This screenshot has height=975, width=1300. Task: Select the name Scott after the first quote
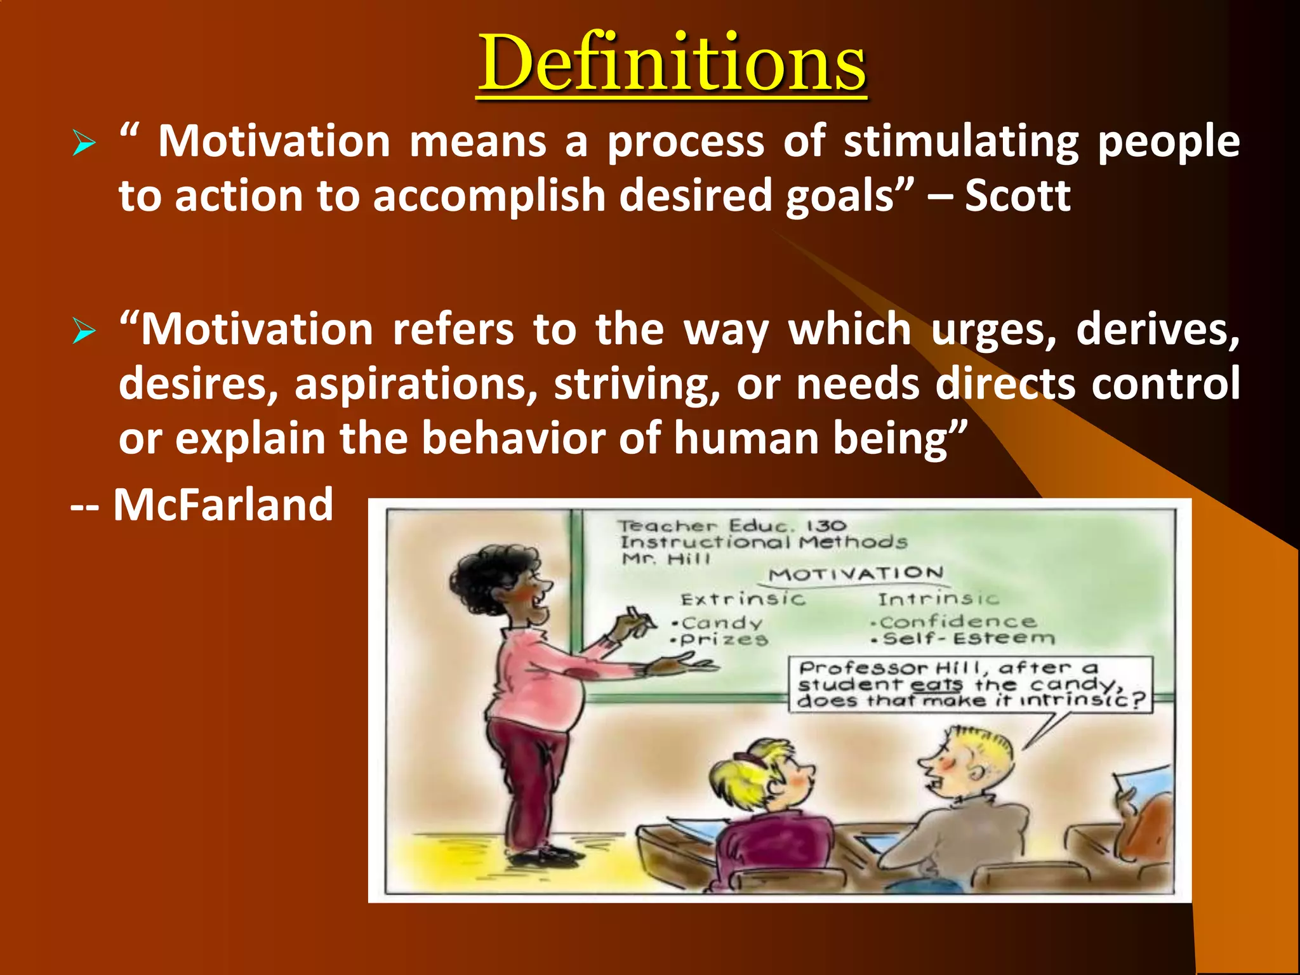[x=1018, y=196]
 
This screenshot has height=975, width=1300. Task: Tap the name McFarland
[x=223, y=505]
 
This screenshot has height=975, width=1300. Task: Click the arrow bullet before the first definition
[x=84, y=142]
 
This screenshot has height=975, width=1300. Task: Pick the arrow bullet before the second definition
[x=84, y=331]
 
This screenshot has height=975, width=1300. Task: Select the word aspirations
[x=416, y=385]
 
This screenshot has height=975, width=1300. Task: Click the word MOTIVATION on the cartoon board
[x=856, y=574]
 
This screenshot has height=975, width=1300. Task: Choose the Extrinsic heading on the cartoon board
[x=743, y=599]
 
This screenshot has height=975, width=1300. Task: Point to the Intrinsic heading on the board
[x=938, y=599]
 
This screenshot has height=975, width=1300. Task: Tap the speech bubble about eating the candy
[x=970, y=684]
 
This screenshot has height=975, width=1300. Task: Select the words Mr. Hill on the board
[x=665, y=559]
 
